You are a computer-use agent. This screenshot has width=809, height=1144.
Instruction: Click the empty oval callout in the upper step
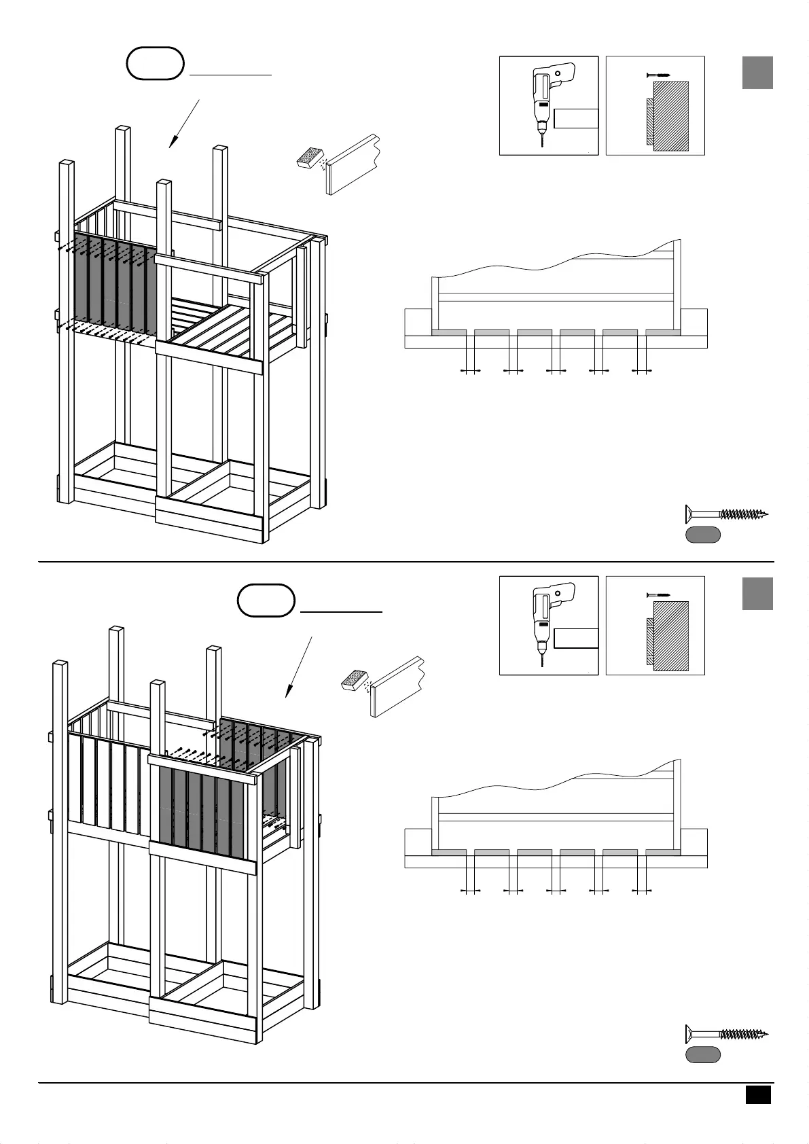(x=156, y=63)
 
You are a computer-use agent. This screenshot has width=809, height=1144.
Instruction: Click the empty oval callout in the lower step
(x=266, y=600)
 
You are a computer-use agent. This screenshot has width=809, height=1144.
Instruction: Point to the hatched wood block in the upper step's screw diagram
(x=671, y=115)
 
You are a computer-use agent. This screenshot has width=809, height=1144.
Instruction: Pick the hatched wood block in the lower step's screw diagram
(x=671, y=636)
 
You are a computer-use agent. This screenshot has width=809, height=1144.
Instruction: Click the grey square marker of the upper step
(x=757, y=73)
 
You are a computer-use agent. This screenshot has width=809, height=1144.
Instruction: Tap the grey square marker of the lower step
(x=757, y=593)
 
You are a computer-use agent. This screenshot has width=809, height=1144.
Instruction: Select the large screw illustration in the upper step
(x=726, y=514)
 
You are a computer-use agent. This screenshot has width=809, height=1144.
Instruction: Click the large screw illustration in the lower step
(x=726, y=1034)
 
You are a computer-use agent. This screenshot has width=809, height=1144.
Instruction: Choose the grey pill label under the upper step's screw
(x=702, y=535)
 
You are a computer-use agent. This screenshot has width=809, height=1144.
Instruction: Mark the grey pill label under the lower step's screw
(x=702, y=1055)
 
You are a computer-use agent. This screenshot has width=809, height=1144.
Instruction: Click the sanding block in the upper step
(x=311, y=158)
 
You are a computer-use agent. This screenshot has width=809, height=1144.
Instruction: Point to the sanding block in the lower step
(x=354, y=679)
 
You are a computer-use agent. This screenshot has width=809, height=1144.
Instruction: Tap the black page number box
(x=758, y=1094)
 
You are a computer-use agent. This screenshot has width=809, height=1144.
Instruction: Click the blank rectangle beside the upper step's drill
(x=576, y=118)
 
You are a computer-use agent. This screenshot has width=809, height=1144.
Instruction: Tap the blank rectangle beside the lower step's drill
(x=576, y=639)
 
